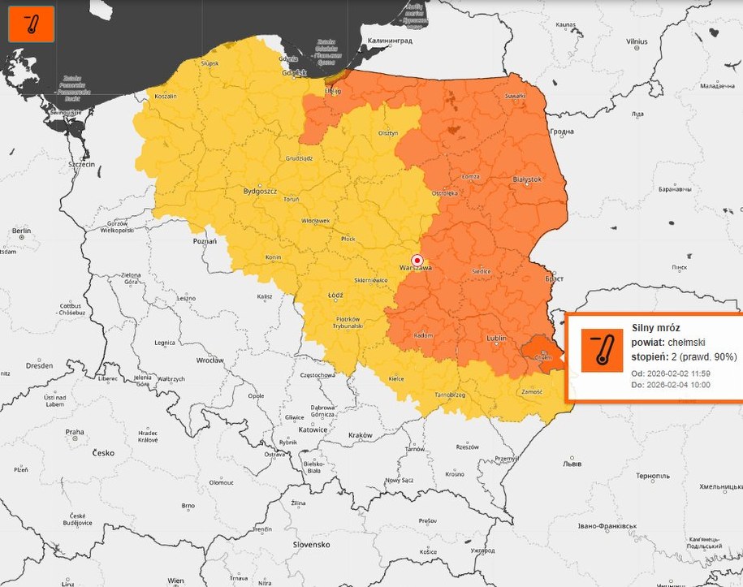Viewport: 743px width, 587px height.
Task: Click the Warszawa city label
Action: pos(414,267)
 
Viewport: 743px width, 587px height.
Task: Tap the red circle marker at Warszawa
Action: pos(417,259)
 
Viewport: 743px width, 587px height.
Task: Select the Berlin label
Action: pos(21,231)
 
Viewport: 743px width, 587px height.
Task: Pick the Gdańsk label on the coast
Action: pos(295,72)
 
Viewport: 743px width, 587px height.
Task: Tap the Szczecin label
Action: pos(82,164)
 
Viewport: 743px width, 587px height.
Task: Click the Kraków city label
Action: pos(359,436)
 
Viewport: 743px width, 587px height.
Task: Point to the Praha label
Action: pos(75,432)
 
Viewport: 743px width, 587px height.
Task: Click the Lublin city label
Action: pos(496,338)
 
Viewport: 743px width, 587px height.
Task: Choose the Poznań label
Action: pos(205,241)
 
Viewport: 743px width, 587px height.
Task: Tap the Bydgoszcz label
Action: pos(260,192)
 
